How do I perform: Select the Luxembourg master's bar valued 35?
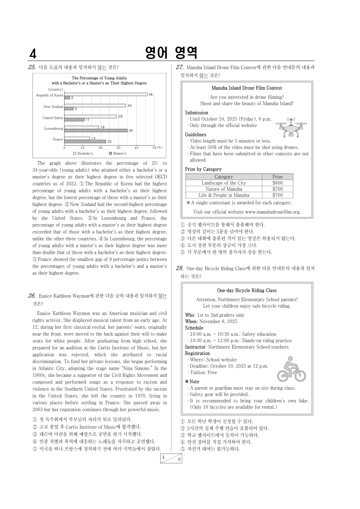point(96,130)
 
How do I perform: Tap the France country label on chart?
point(58,139)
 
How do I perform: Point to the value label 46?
point(151,95)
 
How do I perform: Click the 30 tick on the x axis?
point(119,148)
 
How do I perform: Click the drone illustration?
point(291,127)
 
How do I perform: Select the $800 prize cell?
point(277,183)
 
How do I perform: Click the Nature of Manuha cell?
point(224,189)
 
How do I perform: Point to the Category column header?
point(224,177)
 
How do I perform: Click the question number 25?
point(32,67)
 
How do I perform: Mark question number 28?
point(179,268)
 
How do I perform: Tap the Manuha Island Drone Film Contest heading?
point(247,88)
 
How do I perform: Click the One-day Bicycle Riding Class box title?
point(247,290)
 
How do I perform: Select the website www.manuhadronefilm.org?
point(272,212)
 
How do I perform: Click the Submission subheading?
point(196,113)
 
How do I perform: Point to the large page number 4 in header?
point(33,54)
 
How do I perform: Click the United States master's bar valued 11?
point(74,120)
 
